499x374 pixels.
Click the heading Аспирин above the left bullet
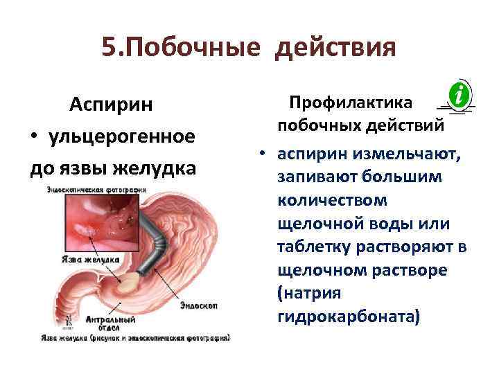pyautogui.click(x=112, y=105)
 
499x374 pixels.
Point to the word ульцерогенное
pyautogui.click(x=122, y=136)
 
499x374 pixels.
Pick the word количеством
pyautogui.click(x=333, y=200)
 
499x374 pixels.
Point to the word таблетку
pyautogui.click(x=315, y=247)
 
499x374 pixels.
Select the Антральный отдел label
pyautogui.click(x=100, y=324)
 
